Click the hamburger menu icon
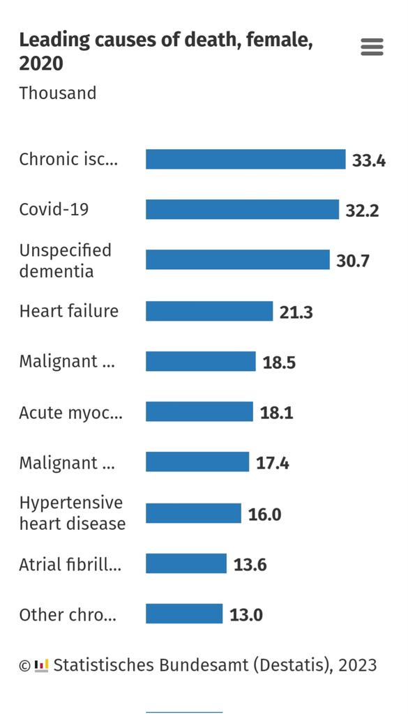point(372,47)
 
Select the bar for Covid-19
point(242,209)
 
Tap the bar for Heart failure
point(209,311)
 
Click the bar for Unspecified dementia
point(237,260)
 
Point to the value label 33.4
point(369,160)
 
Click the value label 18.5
point(279,363)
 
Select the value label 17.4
point(272,463)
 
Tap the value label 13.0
point(246,615)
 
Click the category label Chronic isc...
point(68,159)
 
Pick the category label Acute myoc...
point(70,413)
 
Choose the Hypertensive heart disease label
point(72,513)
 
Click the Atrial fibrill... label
point(70,564)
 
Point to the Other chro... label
point(68,615)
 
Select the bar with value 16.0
point(193,514)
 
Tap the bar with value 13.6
point(186,563)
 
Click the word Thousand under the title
point(58,93)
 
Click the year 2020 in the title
point(41,64)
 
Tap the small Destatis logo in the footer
point(42,665)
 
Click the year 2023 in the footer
point(358,665)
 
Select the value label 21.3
point(296,312)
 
